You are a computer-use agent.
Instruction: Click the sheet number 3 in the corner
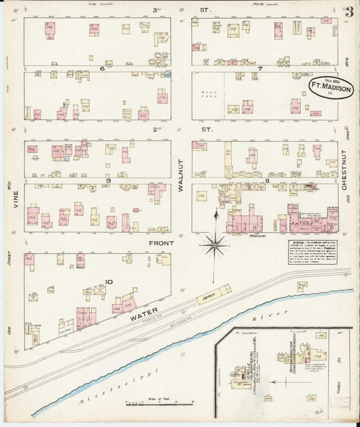tap(349, 12)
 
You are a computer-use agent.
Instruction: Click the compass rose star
tap(215, 244)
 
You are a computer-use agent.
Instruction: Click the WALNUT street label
tap(181, 179)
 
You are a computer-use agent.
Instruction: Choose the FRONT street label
tap(162, 243)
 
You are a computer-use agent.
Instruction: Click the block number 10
tap(107, 282)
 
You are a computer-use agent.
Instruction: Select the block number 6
tap(101, 69)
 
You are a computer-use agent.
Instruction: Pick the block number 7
tap(259, 69)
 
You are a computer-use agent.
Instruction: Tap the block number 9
tap(107, 180)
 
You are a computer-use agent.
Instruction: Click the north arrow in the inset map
tap(272, 381)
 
